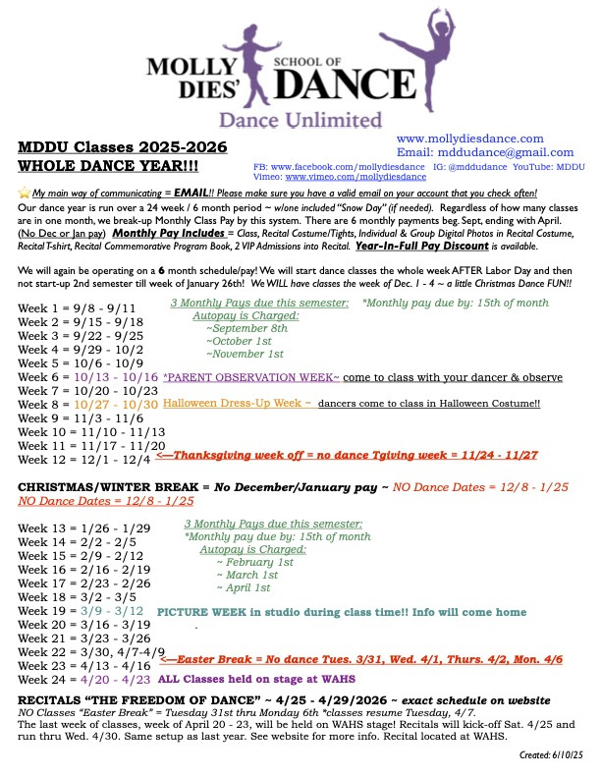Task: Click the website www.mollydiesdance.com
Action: [x=469, y=139]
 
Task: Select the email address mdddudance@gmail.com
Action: [x=471, y=153]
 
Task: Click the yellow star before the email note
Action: [x=24, y=194]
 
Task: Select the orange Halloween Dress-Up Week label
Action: [x=238, y=404]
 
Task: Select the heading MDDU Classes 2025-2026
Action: [x=123, y=147]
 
